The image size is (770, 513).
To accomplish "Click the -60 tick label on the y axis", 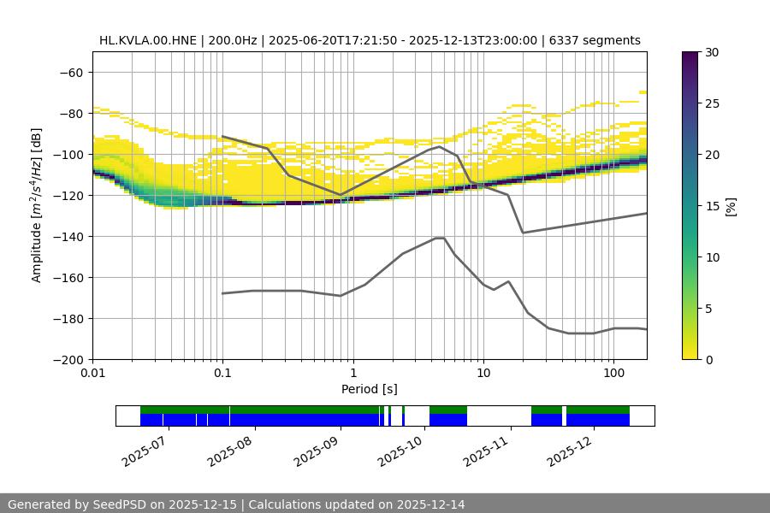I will point(72,72).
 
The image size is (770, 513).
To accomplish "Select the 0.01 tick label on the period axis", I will point(92,374).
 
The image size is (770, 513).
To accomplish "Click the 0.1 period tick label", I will point(222,374).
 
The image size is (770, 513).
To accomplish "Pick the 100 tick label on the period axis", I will point(613,374).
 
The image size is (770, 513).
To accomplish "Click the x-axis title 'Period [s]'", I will point(370,389).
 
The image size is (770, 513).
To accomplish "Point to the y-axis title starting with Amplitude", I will point(37,205).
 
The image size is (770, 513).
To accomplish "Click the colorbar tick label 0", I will point(709,359).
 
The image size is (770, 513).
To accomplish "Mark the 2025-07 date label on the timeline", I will point(147,448).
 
